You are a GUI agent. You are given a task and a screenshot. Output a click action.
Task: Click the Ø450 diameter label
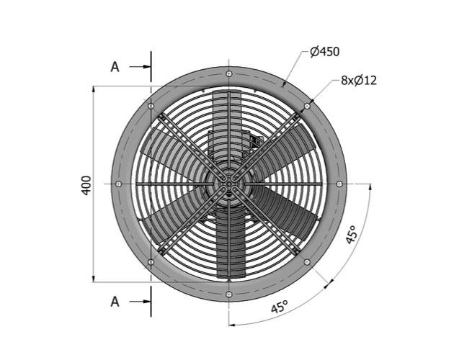[x=324, y=51]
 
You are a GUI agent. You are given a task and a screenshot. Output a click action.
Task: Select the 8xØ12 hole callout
[x=359, y=80]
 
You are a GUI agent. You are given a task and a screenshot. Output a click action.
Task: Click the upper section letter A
[x=115, y=67]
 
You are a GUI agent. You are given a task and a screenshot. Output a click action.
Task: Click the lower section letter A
[x=115, y=302]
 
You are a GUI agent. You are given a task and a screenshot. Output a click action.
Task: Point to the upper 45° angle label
[x=352, y=237]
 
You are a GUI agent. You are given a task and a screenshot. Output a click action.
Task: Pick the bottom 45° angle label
[x=279, y=307]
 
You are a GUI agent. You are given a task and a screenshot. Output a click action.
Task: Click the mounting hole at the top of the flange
[x=229, y=74]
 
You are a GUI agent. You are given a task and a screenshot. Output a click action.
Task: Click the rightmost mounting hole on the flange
[x=339, y=184]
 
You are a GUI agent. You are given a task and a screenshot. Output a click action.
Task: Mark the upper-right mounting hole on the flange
[x=307, y=107]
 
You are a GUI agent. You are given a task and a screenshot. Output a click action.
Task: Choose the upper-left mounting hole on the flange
[x=151, y=107]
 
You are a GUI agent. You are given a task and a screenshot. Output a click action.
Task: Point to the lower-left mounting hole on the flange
[x=151, y=262]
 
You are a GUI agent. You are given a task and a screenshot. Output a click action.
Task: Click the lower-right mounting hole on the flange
[x=307, y=262]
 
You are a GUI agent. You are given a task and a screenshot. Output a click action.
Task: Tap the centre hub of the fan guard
[x=229, y=184]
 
